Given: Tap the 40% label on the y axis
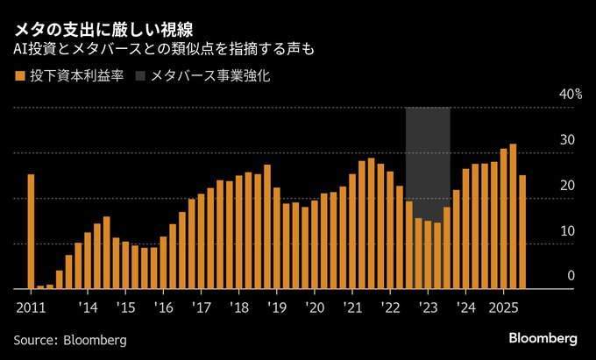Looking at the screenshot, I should click(x=570, y=95).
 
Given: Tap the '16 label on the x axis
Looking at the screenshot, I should click(x=163, y=308).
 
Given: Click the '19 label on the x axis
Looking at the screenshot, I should click(x=277, y=308).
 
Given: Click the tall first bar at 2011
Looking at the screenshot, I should click(x=31, y=231).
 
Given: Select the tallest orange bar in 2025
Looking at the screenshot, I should click(x=513, y=216).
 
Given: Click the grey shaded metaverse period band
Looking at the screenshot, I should click(x=428, y=149).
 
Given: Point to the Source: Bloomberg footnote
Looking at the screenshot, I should click(x=70, y=340).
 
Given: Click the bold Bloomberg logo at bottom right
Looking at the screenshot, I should click(x=543, y=338).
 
